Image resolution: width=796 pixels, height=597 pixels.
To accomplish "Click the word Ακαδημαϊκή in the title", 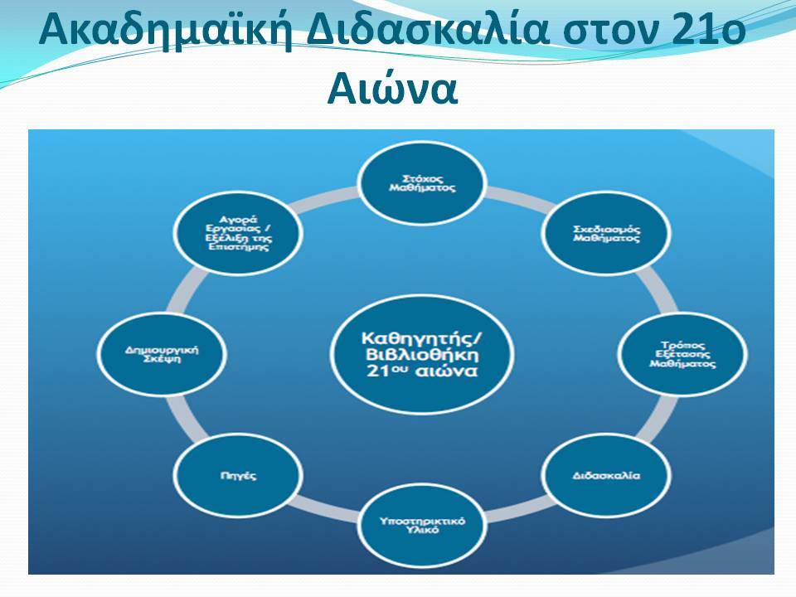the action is [166, 30].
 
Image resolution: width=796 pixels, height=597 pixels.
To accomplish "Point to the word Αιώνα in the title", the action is [392, 89].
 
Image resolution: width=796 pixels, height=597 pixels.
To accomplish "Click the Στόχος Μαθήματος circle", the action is [422, 182].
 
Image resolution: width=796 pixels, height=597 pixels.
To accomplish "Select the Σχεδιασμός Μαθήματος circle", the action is [606, 233].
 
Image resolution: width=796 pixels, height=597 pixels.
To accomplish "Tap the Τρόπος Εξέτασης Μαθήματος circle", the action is [682, 354].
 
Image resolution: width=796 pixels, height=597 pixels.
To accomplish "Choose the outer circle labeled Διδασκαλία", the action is [606, 475].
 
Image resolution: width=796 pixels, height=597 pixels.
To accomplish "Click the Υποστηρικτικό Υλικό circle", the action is [422, 525].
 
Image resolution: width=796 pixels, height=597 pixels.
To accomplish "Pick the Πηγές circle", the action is [238, 475].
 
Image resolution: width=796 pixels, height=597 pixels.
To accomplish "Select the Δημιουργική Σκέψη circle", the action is [162, 354].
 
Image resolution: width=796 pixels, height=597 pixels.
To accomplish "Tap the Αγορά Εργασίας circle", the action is [238, 233].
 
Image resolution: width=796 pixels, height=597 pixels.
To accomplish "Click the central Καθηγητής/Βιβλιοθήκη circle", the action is [422, 354].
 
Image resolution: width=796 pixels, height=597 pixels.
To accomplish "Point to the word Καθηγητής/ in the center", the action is [422, 337].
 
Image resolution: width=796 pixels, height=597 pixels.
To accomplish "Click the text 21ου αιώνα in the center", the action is [422, 371].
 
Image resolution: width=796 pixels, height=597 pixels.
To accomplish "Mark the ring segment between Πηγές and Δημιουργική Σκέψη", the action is [187, 417].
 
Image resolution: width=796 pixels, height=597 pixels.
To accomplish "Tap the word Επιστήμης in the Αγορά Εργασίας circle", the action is [238, 247].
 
